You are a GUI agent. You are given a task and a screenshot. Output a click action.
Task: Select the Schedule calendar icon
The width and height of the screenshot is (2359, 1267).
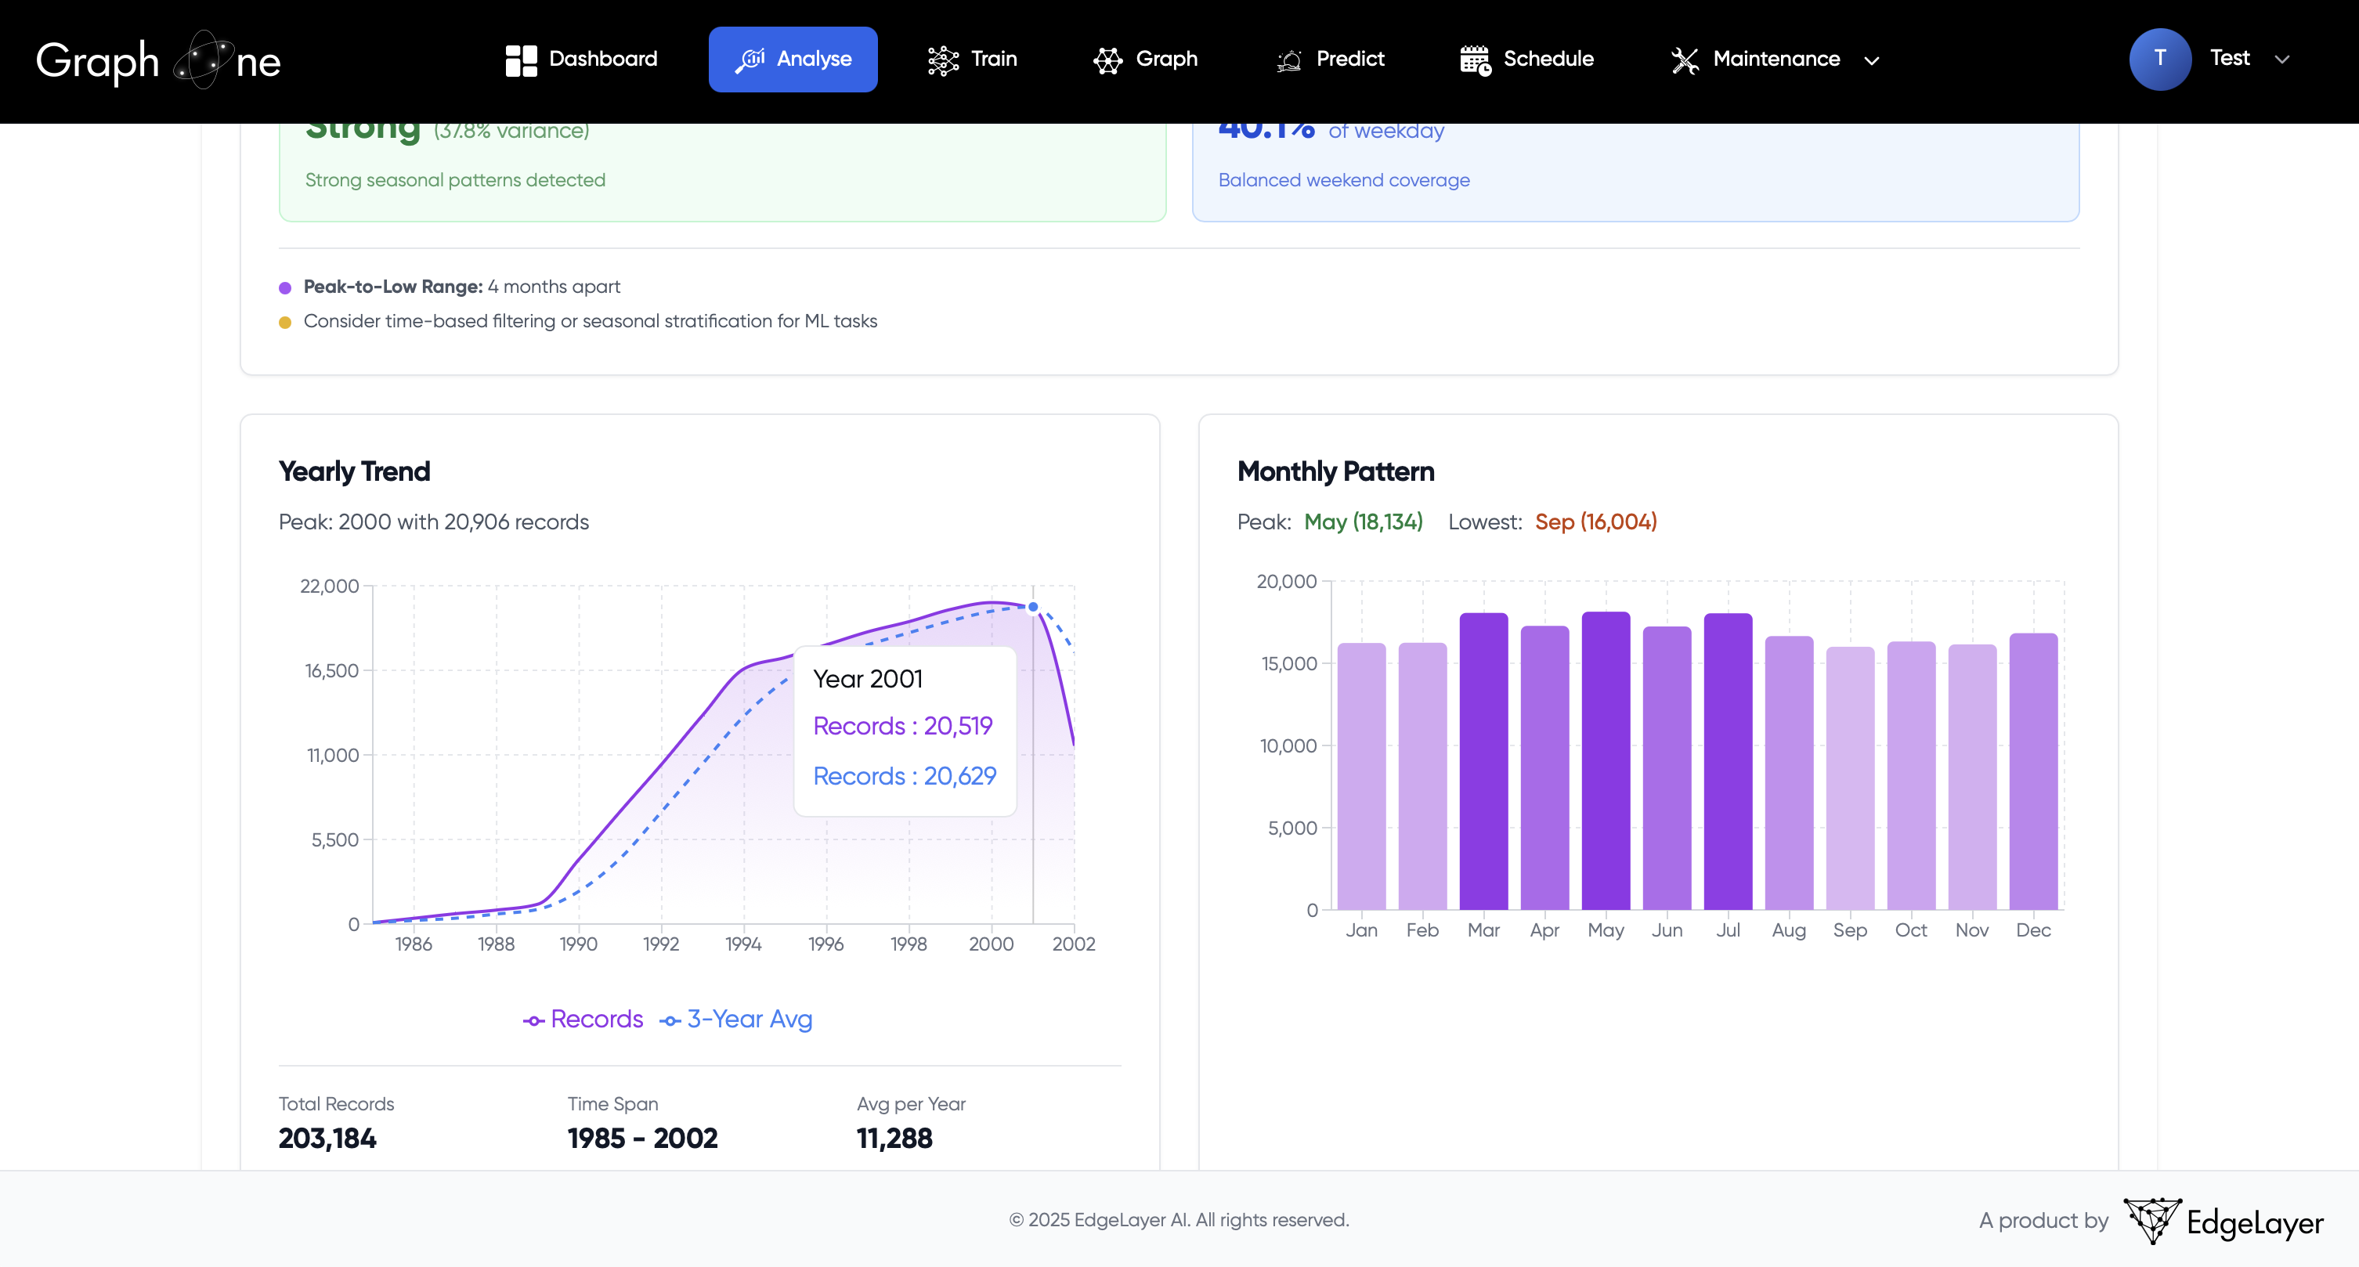pos(1474,60)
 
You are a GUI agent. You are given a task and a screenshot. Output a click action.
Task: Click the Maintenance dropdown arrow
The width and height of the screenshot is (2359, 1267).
pos(1872,60)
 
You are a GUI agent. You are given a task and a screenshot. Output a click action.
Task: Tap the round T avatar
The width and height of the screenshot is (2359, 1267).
pos(2159,60)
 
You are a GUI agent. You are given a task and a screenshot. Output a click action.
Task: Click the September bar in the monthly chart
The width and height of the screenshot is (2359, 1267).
pos(1850,778)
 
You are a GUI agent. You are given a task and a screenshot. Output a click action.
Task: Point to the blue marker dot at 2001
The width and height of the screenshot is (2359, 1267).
pos(1033,607)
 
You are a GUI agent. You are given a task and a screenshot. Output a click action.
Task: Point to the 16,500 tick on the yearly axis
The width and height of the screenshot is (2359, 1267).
pos(331,671)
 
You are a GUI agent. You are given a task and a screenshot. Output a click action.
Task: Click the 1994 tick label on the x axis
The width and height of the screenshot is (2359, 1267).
pos(742,944)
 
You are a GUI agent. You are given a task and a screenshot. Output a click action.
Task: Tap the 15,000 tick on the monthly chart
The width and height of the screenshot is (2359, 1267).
pos(1288,664)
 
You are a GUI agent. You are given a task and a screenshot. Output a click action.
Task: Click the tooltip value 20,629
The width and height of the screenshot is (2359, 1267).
pos(959,775)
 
